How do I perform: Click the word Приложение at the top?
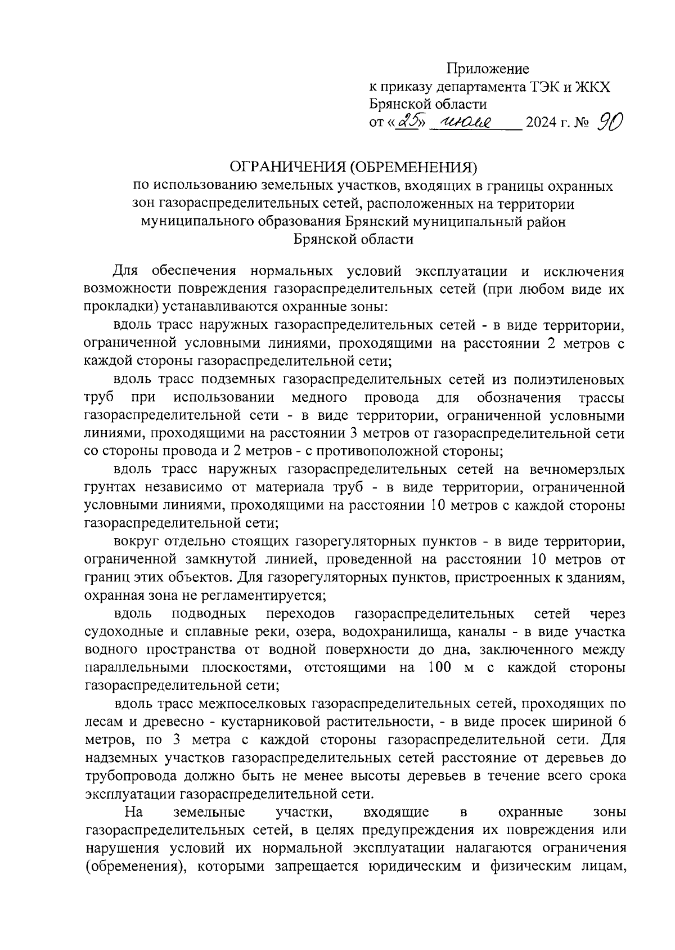(x=488, y=69)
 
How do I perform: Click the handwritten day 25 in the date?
(x=409, y=121)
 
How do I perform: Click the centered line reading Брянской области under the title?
(x=353, y=240)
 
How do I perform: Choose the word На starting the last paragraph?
(x=134, y=812)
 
